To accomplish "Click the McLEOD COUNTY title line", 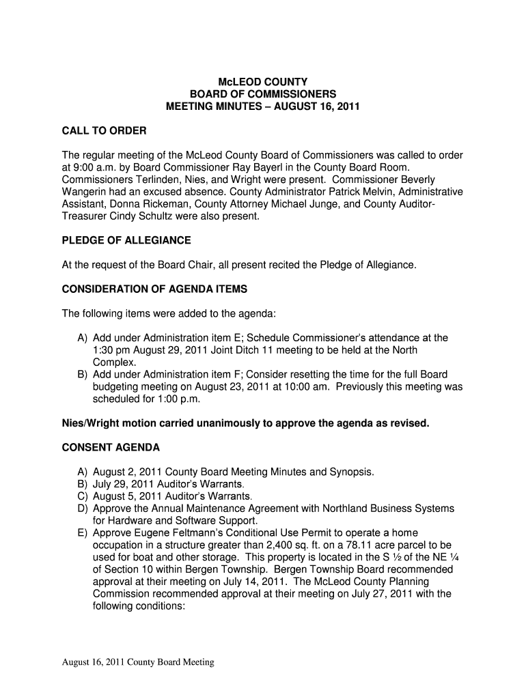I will [263, 82].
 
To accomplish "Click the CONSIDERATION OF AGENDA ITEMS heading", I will [154, 289].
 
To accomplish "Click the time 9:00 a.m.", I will [95, 167].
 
